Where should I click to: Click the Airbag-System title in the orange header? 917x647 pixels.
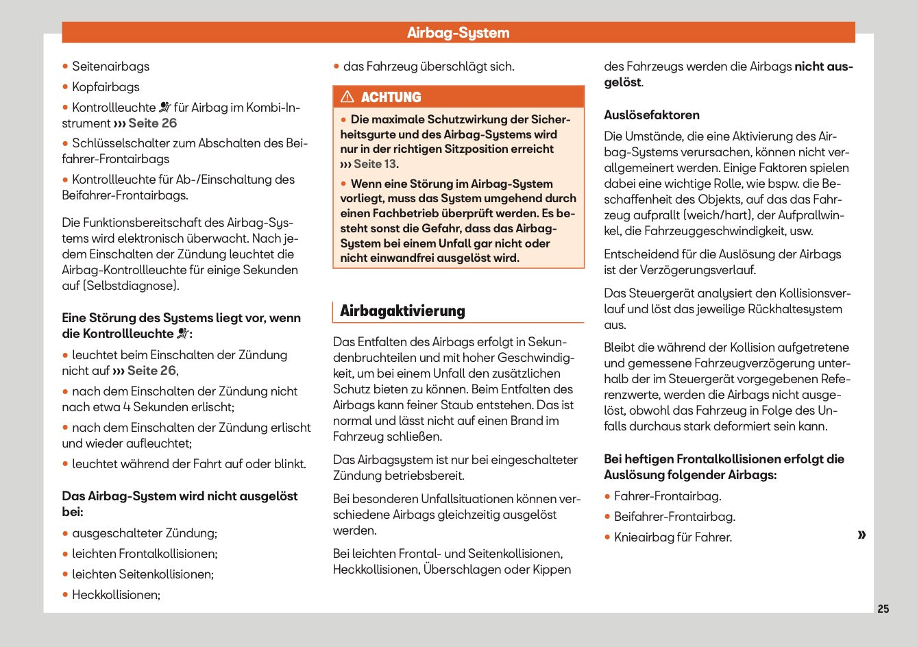coord(458,33)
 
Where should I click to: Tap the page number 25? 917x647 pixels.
coord(883,609)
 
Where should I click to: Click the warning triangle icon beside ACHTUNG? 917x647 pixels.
coord(347,97)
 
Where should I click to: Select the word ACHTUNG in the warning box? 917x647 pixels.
coord(391,97)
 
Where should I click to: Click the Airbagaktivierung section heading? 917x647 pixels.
coord(402,311)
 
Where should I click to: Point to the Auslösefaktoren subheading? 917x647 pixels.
coord(651,115)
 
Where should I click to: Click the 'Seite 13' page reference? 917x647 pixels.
coord(374,164)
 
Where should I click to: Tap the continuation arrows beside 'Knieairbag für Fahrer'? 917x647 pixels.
coord(861,535)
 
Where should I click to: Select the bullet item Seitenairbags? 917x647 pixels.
coord(110,66)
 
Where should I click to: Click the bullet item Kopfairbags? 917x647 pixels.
coord(106,87)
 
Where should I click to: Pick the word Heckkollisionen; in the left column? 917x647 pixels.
coord(116,595)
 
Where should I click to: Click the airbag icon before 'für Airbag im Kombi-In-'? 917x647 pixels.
coord(164,108)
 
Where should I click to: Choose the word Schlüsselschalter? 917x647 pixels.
coord(122,143)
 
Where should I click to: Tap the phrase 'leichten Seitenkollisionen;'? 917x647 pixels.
coord(143,574)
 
